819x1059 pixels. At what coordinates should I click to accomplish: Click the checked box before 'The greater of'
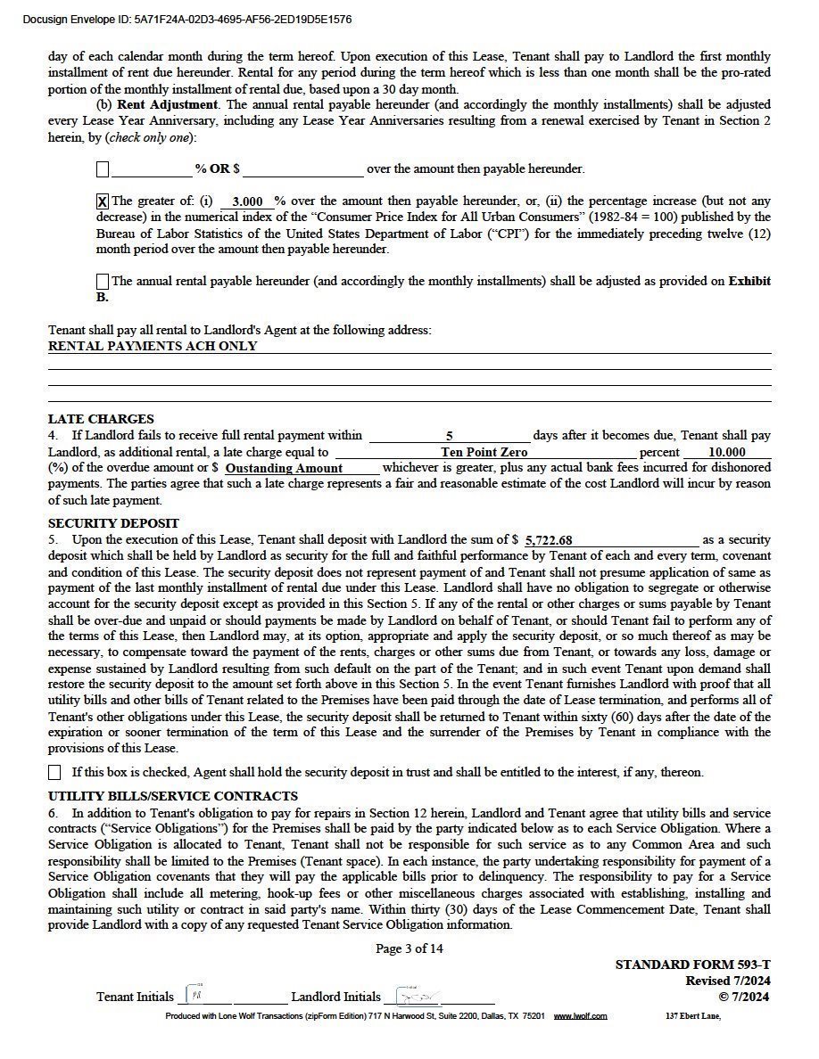103,201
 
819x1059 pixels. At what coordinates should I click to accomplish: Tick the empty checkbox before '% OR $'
103,168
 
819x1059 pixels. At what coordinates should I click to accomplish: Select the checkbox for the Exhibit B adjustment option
103,282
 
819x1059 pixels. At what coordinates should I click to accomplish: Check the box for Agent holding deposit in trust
55,772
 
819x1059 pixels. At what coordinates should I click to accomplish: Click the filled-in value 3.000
247,202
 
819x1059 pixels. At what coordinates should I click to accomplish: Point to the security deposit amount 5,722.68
549,540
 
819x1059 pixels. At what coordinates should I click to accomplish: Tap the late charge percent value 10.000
726,452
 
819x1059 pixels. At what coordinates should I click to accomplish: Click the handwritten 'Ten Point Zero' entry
484,452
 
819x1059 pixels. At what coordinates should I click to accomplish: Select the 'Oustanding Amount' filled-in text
284,468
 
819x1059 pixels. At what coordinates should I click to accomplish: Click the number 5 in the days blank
450,436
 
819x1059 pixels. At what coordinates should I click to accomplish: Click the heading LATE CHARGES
101,419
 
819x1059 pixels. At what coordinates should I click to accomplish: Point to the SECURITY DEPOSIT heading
113,523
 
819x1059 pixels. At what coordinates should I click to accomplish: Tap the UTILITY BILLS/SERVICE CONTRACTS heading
173,796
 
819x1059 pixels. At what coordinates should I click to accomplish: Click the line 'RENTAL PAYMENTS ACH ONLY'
153,346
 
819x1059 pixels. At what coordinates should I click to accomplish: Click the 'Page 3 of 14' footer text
409,948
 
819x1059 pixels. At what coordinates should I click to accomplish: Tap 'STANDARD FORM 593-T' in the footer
692,965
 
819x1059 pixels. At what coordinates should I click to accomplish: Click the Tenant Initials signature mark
195,995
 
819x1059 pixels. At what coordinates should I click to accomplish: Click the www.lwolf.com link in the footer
580,1016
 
